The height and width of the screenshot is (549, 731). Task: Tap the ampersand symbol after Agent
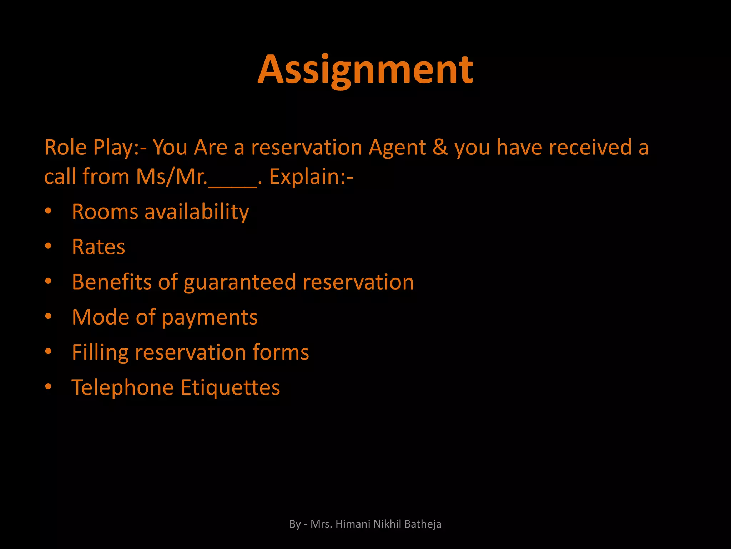point(440,148)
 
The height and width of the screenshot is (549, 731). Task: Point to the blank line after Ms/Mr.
point(232,182)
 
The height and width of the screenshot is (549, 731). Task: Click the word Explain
point(307,177)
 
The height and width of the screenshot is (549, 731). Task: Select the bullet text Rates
point(99,247)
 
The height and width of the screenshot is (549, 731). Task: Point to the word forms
point(281,352)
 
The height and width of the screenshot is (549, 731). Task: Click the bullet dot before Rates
point(49,246)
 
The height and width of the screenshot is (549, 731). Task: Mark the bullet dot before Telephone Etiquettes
point(49,387)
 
